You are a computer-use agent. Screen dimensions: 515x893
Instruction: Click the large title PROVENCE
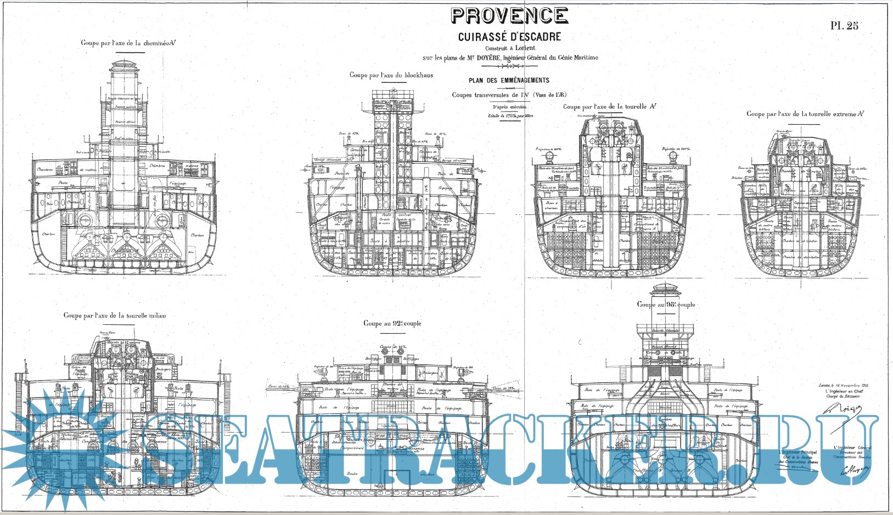coord(509,15)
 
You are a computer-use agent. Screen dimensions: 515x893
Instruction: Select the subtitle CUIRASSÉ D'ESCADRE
coord(509,37)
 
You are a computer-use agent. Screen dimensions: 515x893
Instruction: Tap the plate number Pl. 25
coord(844,25)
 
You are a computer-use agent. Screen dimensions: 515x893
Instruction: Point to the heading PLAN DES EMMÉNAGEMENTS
coord(509,80)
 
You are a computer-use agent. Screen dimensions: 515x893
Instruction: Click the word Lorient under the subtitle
coord(525,48)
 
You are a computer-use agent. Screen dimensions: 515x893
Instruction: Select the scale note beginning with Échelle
coord(510,116)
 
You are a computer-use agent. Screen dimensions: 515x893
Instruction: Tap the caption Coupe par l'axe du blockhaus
coord(391,75)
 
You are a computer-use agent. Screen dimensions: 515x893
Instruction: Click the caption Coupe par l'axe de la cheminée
coord(128,43)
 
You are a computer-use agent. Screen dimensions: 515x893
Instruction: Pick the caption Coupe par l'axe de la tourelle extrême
coord(805,114)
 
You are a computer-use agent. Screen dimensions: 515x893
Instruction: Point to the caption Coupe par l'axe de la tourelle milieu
coord(114,315)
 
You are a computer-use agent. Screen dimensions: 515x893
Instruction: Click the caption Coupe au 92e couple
coord(392,323)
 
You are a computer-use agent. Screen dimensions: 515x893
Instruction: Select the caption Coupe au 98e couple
coord(666,304)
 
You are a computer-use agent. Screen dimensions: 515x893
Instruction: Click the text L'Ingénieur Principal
coord(797,452)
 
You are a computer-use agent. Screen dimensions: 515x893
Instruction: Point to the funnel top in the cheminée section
coord(124,66)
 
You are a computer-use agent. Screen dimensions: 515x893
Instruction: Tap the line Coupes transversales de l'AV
coord(509,95)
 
